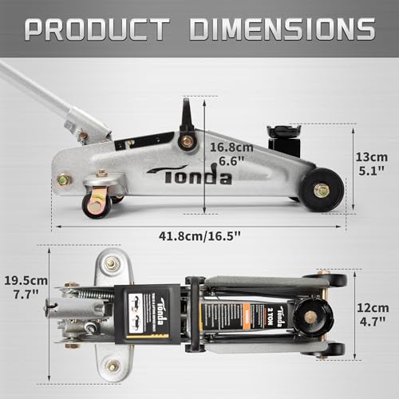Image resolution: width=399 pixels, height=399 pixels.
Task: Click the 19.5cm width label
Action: tap(26, 281)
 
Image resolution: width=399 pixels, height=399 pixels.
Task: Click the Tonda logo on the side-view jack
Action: tap(189, 175)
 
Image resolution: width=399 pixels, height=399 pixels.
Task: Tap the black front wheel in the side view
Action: tap(322, 190)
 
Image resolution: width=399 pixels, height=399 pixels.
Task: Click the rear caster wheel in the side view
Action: tap(97, 205)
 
